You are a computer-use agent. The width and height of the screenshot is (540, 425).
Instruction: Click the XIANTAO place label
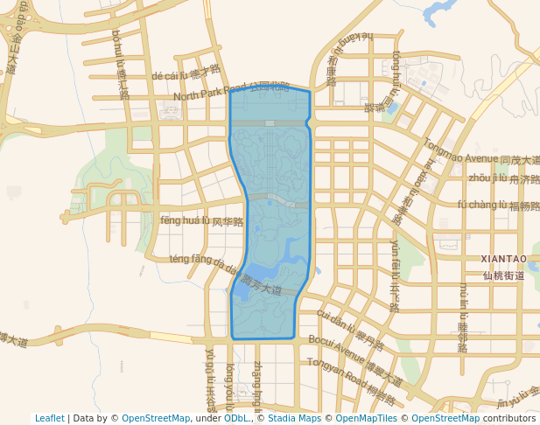[503, 259]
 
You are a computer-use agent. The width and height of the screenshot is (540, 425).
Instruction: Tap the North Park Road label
[209, 92]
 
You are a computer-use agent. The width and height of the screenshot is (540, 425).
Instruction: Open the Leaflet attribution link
[50, 418]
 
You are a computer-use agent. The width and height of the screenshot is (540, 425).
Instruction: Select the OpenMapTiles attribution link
[366, 418]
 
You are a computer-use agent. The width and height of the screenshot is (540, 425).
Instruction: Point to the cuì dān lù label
[338, 324]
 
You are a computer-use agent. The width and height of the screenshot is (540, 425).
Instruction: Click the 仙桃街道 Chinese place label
[503, 275]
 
